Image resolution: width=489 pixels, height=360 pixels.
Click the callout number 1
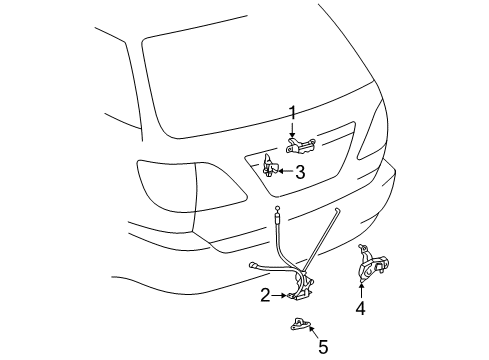(x=292, y=113)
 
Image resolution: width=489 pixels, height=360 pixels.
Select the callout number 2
(x=265, y=295)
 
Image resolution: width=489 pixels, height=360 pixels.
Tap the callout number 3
(x=300, y=172)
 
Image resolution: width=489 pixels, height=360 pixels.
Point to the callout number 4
(x=361, y=308)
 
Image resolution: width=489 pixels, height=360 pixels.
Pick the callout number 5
(x=323, y=347)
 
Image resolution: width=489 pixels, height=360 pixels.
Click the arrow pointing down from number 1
(x=292, y=130)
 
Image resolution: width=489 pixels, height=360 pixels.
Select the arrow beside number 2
(x=279, y=295)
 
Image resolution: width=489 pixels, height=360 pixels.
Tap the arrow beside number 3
(x=286, y=171)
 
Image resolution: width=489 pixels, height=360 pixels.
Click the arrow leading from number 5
(x=314, y=332)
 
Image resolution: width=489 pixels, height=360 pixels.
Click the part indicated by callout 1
(x=300, y=146)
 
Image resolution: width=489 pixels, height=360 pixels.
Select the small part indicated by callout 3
(x=270, y=165)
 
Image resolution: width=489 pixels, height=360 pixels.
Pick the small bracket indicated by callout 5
(x=300, y=324)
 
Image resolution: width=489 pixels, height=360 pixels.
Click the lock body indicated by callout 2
(x=302, y=290)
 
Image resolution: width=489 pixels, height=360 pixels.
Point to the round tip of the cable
(x=277, y=208)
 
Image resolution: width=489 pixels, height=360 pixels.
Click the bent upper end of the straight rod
(x=337, y=210)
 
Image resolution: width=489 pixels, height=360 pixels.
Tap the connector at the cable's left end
(x=255, y=266)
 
